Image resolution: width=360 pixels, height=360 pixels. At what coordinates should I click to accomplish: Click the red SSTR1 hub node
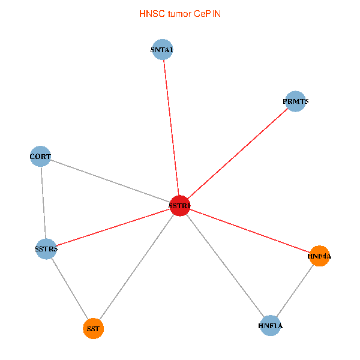pyautogui.click(x=180, y=205)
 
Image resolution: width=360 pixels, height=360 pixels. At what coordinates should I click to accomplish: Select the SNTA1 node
pyautogui.click(x=163, y=49)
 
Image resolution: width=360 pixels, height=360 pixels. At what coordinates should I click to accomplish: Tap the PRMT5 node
pyautogui.click(x=295, y=101)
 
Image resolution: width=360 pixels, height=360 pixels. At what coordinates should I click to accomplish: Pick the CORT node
pyautogui.click(x=40, y=156)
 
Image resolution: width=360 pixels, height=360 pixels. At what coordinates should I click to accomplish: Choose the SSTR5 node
pyautogui.click(x=46, y=249)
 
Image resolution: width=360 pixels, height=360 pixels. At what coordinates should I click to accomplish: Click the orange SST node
pyautogui.click(x=93, y=328)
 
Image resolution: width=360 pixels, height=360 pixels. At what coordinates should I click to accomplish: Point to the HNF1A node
pyautogui.click(x=271, y=326)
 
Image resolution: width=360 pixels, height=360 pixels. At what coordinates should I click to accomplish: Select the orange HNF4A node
pyautogui.click(x=319, y=256)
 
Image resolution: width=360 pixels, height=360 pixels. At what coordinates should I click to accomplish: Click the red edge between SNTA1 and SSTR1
pyautogui.click(x=171, y=127)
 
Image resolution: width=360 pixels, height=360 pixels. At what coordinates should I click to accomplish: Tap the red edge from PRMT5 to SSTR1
pyautogui.click(x=238, y=154)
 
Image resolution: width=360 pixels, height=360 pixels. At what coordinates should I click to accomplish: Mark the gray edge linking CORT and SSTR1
pyautogui.click(x=110, y=181)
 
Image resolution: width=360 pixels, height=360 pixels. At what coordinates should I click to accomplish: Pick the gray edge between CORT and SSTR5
pyautogui.click(x=43, y=203)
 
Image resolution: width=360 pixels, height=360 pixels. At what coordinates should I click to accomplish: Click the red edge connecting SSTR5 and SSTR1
pyautogui.click(x=113, y=227)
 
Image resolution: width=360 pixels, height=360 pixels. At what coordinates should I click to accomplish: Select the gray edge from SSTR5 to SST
pyautogui.click(x=70, y=289)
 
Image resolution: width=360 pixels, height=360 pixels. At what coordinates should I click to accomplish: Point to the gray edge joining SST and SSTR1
pyautogui.click(x=137, y=267)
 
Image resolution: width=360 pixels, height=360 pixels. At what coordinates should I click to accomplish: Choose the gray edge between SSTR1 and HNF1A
pyautogui.click(x=225, y=265)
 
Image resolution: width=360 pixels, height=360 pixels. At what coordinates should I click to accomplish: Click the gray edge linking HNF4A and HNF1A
pyautogui.click(x=295, y=290)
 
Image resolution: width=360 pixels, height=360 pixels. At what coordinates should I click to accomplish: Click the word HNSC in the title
pyautogui.click(x=152, y=14)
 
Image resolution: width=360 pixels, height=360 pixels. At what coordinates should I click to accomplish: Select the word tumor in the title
pyautogui.click(x=179, y=14)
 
